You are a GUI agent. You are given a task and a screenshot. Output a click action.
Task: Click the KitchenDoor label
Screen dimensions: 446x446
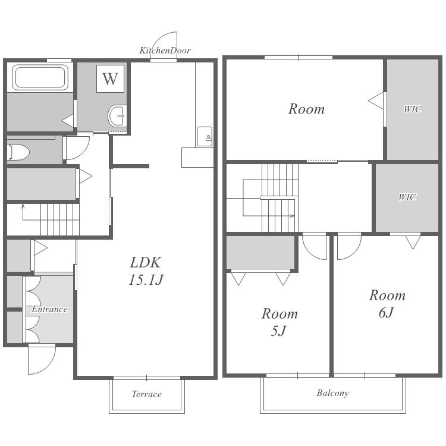click(x=165, y=51)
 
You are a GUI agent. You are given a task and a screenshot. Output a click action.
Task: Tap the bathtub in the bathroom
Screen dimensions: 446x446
click(x=40, y=77)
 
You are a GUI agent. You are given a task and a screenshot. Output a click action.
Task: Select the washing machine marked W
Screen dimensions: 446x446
click(x=110, y=78)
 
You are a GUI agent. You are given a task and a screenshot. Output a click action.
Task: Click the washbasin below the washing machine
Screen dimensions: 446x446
click(x=117, y=116)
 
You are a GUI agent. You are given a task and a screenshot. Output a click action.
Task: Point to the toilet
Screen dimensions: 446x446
click(x=18, y=152)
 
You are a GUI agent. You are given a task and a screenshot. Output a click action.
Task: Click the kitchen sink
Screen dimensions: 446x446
click(x=205, y=137)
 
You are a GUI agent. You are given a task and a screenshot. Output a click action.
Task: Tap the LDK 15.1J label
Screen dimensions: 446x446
click(x=146, y=271)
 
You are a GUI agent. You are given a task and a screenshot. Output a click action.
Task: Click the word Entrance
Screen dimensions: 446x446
click(x=49, y=309)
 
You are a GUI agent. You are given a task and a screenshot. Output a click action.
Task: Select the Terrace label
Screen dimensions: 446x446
click(x=146, y=394)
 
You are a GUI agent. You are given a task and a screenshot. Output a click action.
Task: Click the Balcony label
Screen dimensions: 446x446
click(x=332, y=393)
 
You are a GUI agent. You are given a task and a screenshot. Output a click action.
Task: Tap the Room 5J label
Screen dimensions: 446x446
click(x=279, y=322)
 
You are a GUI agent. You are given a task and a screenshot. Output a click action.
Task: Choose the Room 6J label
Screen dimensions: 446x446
click(x=387, y=304)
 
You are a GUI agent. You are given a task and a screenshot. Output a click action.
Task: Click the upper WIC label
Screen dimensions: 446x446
click(x=413, y=109)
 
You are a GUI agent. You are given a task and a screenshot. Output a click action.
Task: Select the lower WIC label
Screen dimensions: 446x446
click(x=407, y=197)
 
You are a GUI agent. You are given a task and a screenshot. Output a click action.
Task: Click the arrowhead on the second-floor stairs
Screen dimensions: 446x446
click(x=292, y=216)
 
